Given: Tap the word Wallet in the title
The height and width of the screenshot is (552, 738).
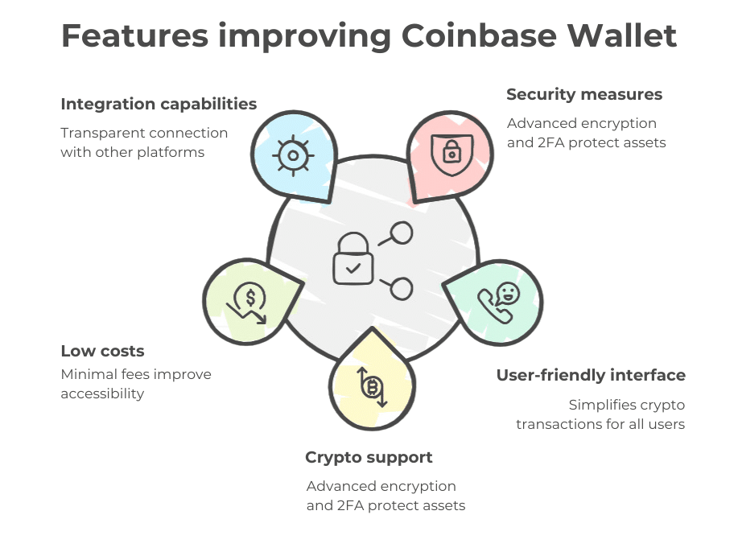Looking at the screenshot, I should (x=623, y=36).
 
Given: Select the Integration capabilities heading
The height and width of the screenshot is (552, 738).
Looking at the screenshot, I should (x=159, y=104).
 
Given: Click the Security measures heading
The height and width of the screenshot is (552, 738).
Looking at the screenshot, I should (x=584, y=94).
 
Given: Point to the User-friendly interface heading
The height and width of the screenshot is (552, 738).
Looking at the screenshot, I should (x=591, y=375).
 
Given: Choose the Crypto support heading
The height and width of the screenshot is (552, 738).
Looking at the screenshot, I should (x=369, y=457).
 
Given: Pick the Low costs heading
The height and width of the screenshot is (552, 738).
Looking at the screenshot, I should (x=102, y=351).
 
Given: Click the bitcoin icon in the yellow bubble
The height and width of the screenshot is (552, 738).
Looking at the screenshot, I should (x=372, y=388).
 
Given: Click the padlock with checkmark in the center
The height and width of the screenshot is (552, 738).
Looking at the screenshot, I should (x=352, y=258).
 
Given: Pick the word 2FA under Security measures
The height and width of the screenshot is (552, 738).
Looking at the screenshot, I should (x=549, y=142).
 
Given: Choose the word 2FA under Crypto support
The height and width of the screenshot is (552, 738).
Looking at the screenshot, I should (x=348, y=505).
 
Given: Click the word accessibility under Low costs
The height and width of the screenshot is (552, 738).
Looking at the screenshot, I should (x=102, y=393).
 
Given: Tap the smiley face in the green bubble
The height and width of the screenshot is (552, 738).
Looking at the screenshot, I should (x=509, y=292).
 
